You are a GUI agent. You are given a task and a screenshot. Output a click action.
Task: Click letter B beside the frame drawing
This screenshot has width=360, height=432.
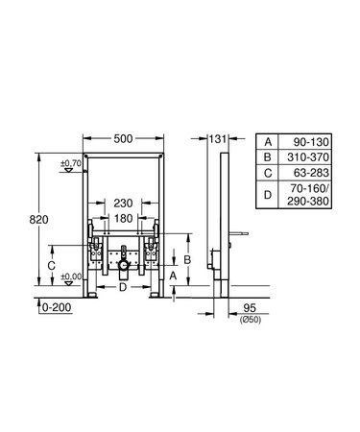[x=189, y=258]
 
